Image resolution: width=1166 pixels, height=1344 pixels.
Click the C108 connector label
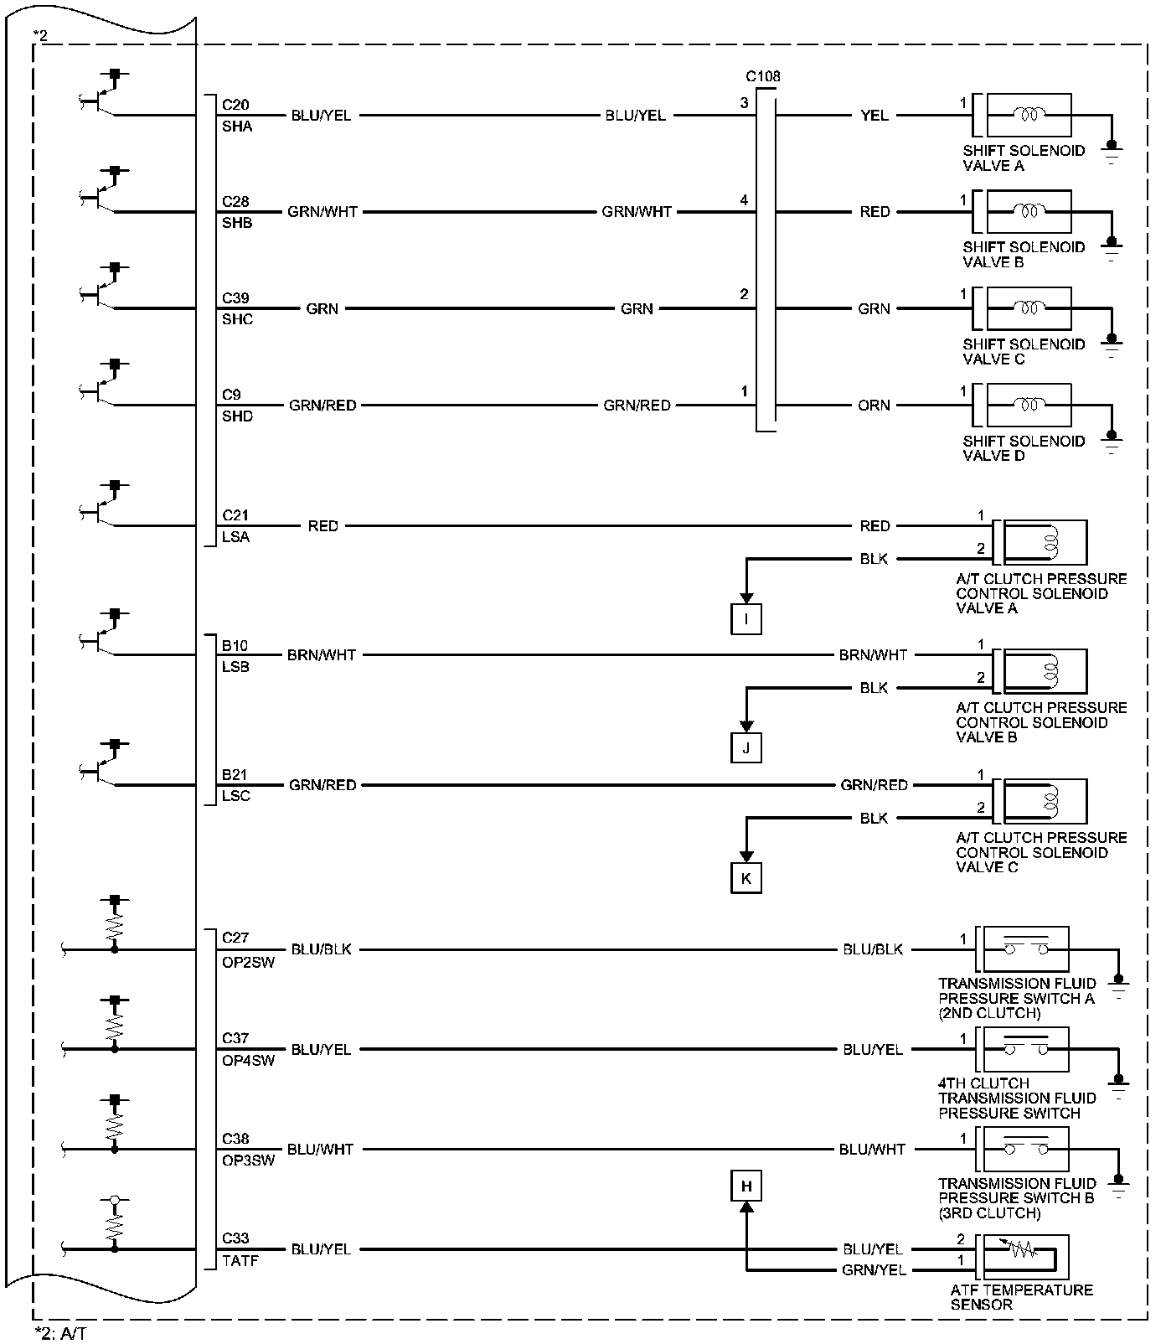click(763, 76)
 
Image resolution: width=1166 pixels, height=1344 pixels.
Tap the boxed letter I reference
click(746, 619)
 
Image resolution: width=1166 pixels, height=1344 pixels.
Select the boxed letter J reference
click(746, 747)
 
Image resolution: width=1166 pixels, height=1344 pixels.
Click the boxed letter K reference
click(746, 878)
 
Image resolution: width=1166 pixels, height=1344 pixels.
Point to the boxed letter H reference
click(746, 1186)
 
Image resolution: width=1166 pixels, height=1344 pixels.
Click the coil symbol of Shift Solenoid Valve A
click(1029, 115)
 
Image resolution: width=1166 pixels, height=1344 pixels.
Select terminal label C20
click(235, 105)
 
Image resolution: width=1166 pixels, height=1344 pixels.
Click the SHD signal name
click(237, 416)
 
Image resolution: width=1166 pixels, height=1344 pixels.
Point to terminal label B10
click(235, 646)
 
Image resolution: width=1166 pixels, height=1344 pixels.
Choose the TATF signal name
click(240, 1259)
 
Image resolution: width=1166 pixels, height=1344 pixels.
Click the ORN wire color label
click(874, 405)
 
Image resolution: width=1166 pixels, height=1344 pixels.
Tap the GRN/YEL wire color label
click(874, 1270)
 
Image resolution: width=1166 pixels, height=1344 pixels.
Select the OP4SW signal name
click(248, 1060)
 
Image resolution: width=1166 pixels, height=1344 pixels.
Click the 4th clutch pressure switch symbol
click(1026, 1049)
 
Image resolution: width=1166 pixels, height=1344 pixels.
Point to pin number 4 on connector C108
click(744, 200)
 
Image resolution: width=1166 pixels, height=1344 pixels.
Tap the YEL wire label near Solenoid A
click(874, 115)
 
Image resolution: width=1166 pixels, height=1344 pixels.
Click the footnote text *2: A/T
click(59, 1333)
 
